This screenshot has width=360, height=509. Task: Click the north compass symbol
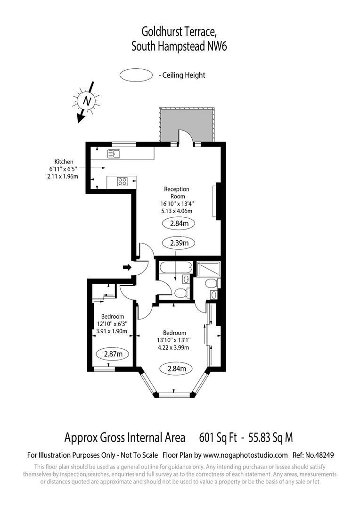tap(87, 101)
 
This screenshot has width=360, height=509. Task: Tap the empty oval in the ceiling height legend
tap(137, 75)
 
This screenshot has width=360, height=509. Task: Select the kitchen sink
tap(114, 154)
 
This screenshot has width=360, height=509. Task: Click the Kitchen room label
tap(64, 162)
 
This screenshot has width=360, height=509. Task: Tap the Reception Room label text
tap(177, 193)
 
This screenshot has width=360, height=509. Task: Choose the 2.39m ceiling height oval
tap(179, 243)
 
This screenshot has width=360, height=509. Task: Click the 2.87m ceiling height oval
tap(113, 353)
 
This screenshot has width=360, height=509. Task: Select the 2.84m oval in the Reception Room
tap(179, 223)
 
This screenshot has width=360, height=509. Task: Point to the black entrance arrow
tap(127, 268)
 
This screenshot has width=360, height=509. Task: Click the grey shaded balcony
tap(187, 123)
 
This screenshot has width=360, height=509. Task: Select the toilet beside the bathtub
tap(181, 293)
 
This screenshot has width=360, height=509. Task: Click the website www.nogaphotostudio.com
tap(245, 455)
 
